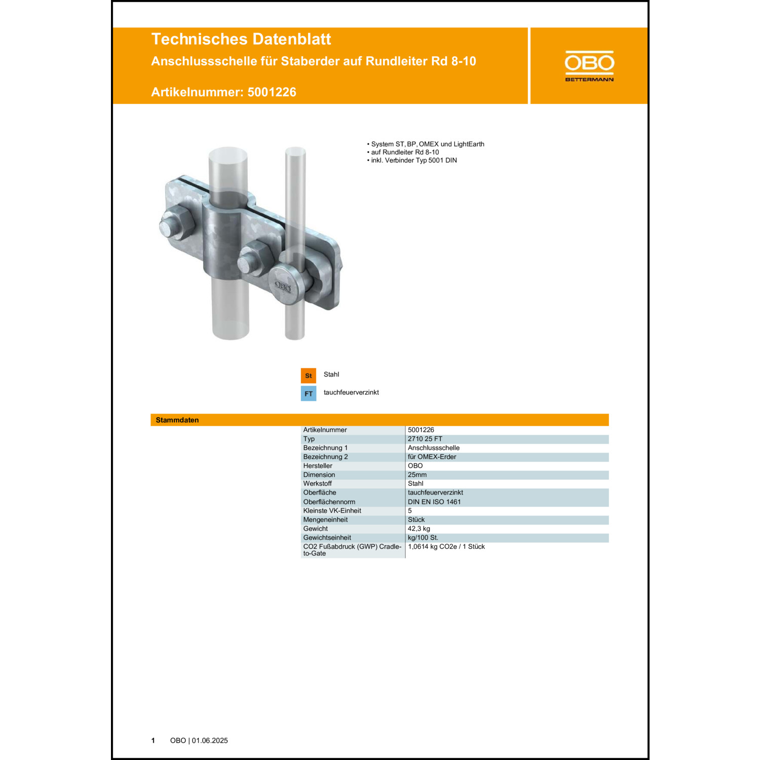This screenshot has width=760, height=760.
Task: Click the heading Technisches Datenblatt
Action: [x=241, y=39]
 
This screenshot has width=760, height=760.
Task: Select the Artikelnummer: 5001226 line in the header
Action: [x=223, y=92]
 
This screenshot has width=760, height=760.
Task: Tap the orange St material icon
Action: [x=308, y=375]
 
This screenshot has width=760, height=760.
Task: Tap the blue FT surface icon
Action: [x=308, y=394]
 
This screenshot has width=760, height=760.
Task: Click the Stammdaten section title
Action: [x=177, y=420]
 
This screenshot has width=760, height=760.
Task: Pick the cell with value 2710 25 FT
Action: [x=425, y=439]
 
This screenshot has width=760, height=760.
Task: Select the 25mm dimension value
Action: [x=417, y=475]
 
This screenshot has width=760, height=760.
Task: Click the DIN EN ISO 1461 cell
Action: [x=434, y=502]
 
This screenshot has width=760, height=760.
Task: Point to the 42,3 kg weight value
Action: [x=419, y=528]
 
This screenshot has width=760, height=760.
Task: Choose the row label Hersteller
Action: [x=318, y=466]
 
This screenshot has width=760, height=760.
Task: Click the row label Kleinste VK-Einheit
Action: [x=332, y=511]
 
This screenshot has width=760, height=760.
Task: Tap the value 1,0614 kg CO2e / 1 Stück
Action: [x=446, y=547]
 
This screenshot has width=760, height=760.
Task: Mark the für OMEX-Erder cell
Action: [x=432, y=457]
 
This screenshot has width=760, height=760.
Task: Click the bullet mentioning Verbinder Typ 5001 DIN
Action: [x=413, y=160]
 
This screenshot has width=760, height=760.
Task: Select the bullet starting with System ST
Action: [x=427, y=144]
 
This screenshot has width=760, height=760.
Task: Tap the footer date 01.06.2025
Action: [x=209, y=740]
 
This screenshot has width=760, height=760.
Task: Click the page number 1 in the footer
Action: [x=153, y=740]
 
